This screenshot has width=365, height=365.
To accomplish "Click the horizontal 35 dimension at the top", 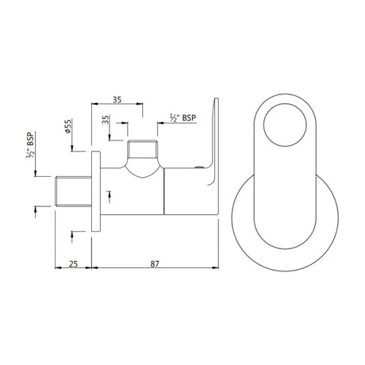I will coord(117,99).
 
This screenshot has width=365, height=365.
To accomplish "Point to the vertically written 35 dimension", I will coord(106,122).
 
